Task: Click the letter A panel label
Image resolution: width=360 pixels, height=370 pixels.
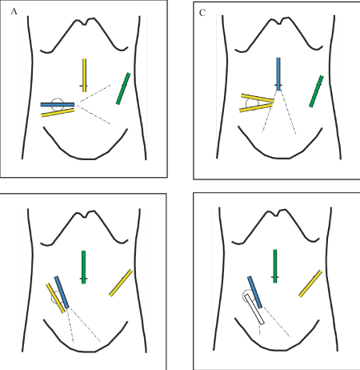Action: point(14,11)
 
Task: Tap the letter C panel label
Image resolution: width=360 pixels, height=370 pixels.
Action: point(202,13)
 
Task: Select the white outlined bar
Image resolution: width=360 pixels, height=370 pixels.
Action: point(254,309)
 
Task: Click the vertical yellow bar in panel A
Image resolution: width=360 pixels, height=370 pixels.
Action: point(84,75)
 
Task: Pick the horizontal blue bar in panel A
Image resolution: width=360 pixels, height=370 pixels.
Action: point(58,105)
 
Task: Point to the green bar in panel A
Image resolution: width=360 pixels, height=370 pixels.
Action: point(123,89)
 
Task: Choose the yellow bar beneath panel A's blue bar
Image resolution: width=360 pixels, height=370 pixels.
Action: point(58,113)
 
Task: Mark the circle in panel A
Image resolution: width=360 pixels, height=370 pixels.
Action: point(58,105)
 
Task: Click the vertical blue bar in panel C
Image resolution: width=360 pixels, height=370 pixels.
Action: point(278,74)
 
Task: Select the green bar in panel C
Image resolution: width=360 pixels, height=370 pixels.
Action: point(316,91)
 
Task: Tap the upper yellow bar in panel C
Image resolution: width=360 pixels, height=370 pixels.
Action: point(258,98)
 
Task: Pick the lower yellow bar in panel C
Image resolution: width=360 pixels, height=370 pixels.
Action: point(256,108)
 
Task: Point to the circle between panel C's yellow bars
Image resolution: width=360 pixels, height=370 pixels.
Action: point(252,103)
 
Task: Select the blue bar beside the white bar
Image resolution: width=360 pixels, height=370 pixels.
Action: point(254,292)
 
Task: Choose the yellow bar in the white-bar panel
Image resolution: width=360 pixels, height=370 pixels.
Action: point(310,284)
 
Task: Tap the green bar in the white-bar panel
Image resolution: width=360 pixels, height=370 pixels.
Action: point(275,266)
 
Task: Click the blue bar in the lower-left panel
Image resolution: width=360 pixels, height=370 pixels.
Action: point(62,292)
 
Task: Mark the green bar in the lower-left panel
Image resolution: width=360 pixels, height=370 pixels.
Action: point(83,267)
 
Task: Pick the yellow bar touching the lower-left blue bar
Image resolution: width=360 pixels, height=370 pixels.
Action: point(55,298)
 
